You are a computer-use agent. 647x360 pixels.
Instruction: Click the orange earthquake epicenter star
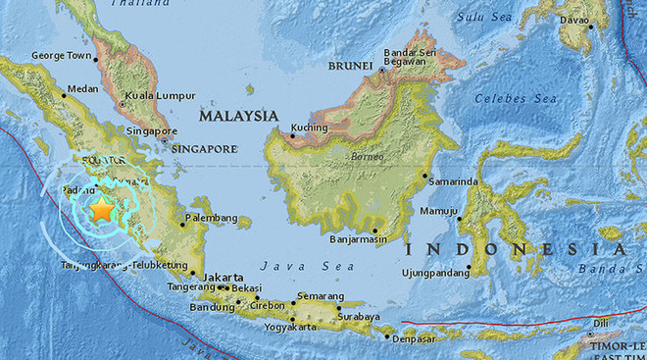click(101, 209)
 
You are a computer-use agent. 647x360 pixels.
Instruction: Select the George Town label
click(64, 57)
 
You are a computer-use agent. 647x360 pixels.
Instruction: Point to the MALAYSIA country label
click(239, 116)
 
